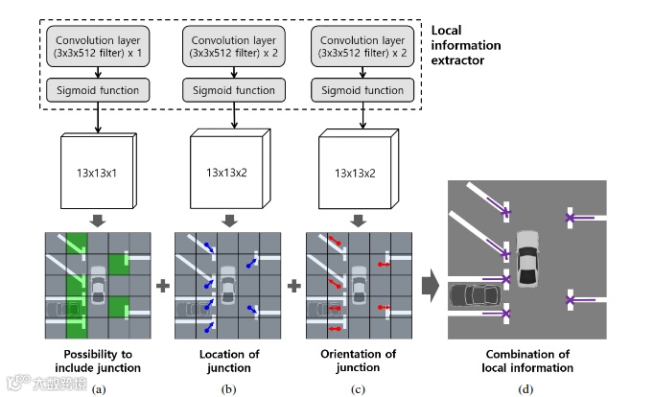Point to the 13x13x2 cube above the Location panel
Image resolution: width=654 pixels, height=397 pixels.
[x=226, y=175]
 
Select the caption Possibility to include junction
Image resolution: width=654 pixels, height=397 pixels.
[x=98, y=361]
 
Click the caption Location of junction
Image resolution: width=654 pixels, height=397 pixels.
[x=228, y=361]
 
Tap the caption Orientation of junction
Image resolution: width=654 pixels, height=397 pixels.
[x=358, y=361]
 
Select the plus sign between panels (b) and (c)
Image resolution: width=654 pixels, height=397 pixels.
[x=292, y=286]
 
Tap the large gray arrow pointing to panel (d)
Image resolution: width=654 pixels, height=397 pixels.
[x=431, y=285]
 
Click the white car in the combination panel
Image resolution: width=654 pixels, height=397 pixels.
[x=528, y=257]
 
